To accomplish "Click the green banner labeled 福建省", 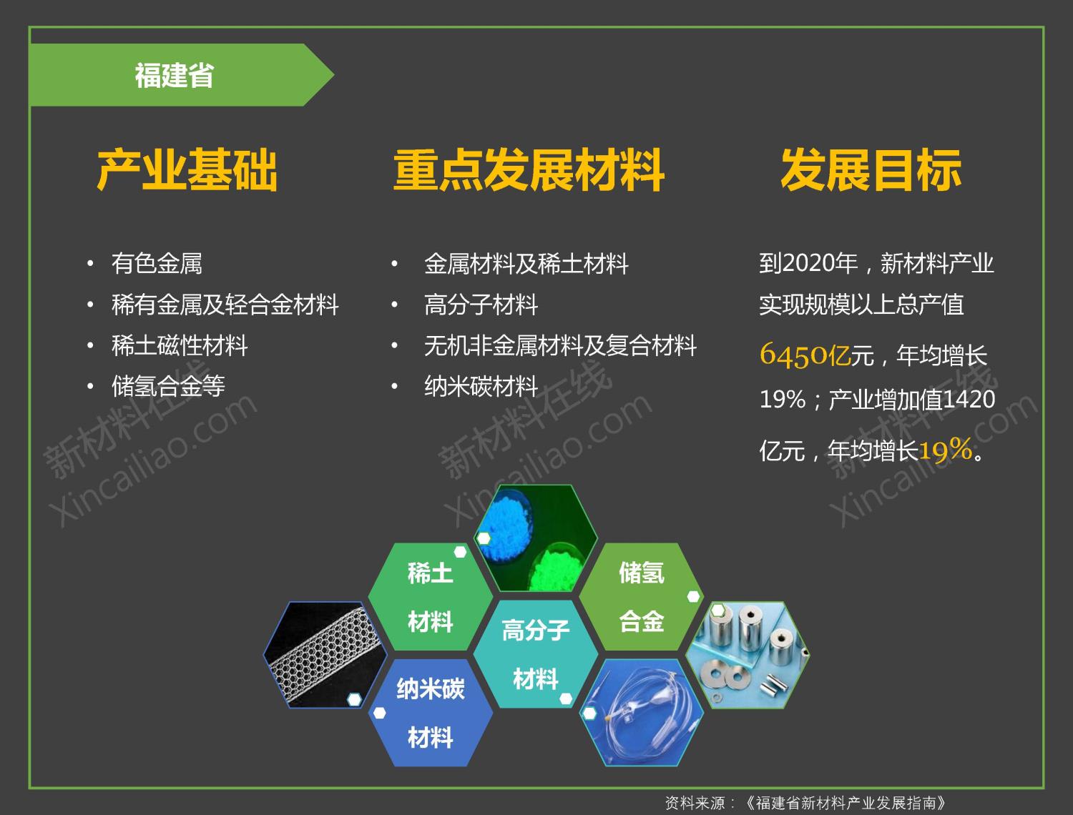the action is (181, 75).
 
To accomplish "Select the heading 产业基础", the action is (187, 169).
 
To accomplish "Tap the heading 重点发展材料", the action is (529, 169).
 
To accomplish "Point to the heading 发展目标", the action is (871, 169).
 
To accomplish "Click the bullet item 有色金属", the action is (157, 264).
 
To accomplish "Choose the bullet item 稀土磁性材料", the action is (180, 346).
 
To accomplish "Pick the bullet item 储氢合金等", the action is (168, 386).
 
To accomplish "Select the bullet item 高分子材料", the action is (481, 305).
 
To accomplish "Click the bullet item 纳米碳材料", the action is (481, 386).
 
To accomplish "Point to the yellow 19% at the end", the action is (946, 449).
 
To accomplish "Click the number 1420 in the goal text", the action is (969, 400).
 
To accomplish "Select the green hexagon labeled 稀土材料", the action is (430, 597).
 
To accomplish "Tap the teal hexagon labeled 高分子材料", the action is (536, 654).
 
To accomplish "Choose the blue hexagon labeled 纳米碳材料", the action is (430, 713).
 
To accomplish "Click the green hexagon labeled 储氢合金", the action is (642, 597).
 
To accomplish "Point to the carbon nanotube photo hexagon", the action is (325, 655).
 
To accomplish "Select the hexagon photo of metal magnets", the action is (748, 655).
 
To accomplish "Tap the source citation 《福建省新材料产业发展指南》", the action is (846, 803).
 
